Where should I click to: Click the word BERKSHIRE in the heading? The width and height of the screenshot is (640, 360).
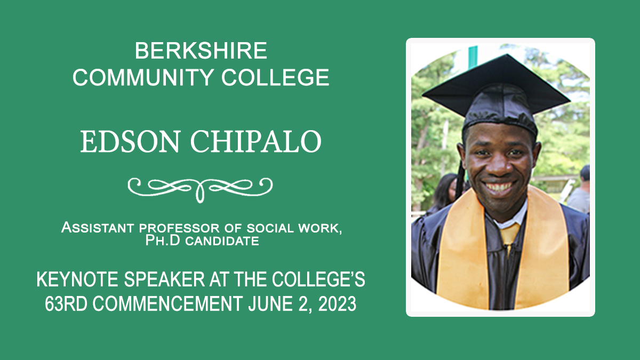point(201,51)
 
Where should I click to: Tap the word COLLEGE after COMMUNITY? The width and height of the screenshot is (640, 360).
point(275,77)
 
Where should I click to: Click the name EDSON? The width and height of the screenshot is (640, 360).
point(130,142)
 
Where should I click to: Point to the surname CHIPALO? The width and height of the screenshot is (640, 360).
point(255,142)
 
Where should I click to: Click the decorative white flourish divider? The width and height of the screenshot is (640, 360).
point(200,189)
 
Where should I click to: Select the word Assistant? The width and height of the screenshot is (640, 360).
point(98,228)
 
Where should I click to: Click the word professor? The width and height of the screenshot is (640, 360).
point(179,228)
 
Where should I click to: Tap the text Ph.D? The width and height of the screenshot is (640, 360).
point(163,241)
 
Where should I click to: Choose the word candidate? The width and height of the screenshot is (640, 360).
point(222,241)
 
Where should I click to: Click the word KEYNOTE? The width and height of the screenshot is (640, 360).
point(77,279)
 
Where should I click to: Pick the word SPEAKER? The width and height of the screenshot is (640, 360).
point(165,279)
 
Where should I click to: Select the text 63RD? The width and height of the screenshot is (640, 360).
point(66,303)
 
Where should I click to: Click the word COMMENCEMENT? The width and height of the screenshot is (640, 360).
point(167,303)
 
